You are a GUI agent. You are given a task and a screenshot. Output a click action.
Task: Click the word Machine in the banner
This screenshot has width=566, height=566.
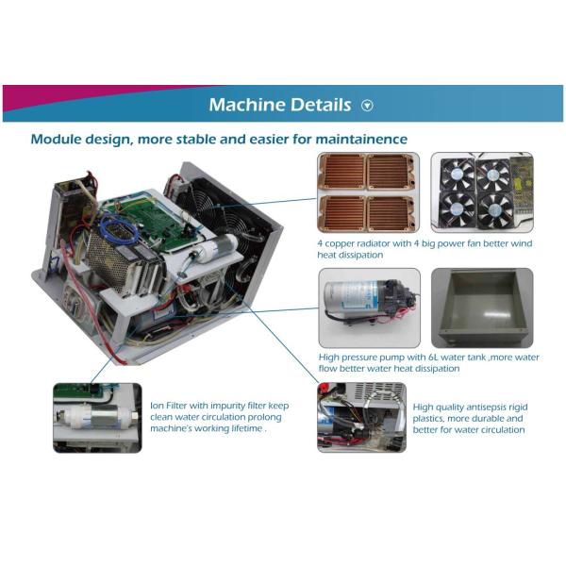click(247, 105)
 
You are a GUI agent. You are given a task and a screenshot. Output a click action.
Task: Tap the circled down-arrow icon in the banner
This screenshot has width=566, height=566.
click(367, 106)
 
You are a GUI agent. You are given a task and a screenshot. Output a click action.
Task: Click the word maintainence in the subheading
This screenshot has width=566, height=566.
click(361, 139)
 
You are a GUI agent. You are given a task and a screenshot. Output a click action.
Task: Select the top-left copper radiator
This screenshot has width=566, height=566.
click(342, 171)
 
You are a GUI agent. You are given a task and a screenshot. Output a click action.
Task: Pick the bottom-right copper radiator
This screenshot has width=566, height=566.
click(391, 213)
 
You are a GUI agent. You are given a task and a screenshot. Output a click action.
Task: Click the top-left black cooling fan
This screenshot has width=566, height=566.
click(457, 175)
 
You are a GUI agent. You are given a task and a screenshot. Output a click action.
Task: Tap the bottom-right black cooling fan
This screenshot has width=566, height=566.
click(494, 209)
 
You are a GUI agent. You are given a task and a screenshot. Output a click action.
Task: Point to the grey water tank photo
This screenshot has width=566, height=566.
click(482, 308)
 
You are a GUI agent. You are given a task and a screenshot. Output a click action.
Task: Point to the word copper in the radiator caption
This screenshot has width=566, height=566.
click(340, 244)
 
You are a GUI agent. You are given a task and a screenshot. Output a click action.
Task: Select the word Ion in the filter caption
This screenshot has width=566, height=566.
click(157, 406)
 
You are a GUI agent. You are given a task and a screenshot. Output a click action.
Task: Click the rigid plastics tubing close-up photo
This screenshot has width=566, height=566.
click(361, 417)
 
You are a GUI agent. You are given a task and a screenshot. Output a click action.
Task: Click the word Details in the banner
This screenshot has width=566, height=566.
click(321, 105)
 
